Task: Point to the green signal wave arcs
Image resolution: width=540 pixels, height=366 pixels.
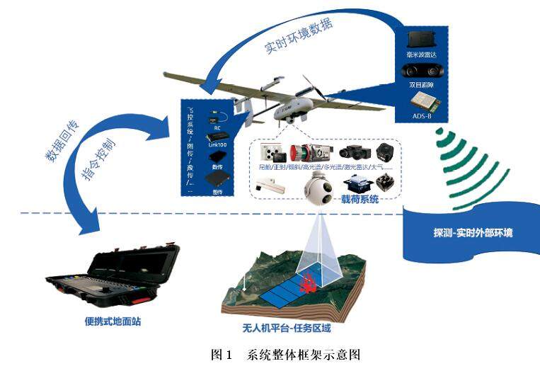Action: pos(464,163)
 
